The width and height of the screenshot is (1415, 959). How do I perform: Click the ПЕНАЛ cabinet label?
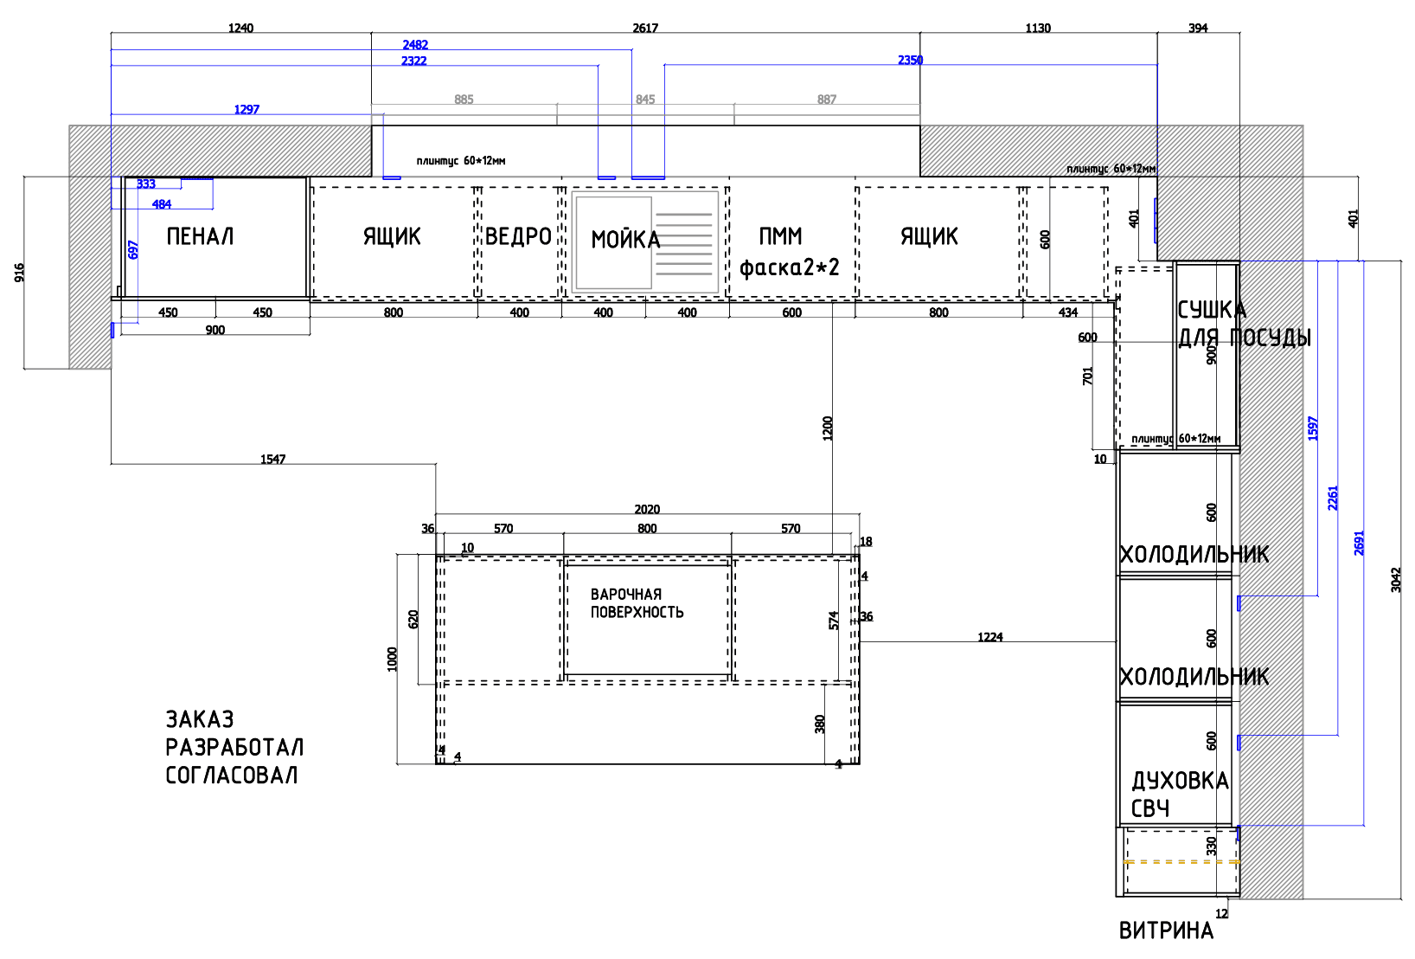[200, 236]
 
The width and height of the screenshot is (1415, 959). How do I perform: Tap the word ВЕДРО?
[519, 236]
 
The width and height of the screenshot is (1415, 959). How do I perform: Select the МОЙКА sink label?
[625, 240]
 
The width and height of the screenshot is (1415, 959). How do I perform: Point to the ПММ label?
[780, 236]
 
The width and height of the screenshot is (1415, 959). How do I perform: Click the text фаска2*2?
[789, 267]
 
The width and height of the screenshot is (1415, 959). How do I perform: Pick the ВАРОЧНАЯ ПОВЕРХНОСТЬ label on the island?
[637, 603]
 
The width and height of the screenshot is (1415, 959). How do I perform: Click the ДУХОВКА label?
[1180, 781]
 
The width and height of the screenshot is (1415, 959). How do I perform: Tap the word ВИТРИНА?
[1166, 930]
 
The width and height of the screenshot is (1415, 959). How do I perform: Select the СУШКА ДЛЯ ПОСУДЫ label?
[1244, 324]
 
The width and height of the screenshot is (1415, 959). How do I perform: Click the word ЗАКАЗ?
[200, 719]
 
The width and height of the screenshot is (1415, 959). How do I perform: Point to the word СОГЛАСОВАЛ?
[231, 775]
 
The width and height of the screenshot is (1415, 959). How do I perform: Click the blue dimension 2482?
[415, 45]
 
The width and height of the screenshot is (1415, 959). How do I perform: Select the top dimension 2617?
[645, 28]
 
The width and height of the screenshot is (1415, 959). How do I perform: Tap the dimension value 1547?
[273, 459]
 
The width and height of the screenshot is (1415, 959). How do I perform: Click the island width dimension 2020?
[647, 509]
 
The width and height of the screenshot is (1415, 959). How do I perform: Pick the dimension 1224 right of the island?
[989, 637]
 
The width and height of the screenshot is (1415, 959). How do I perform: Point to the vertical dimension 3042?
[1395, 580]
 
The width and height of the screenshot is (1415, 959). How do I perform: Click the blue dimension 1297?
[247, 109]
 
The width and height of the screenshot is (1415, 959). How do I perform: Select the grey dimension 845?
[645, 100]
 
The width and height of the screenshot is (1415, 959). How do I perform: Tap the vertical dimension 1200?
[828, 428]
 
